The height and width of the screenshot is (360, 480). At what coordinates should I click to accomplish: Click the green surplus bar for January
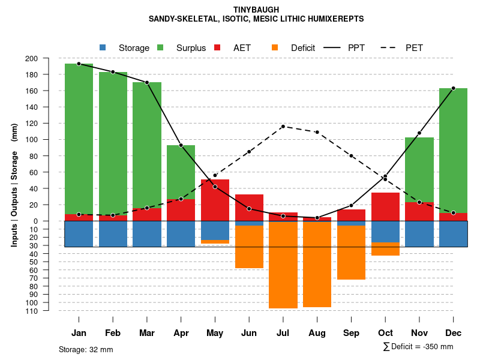pos(79,138)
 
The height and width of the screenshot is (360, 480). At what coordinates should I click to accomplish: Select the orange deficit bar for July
pos(283,264)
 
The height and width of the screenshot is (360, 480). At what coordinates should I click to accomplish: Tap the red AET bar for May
pos(215,200)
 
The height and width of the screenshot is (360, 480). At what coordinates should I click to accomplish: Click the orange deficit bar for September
pos(351,252)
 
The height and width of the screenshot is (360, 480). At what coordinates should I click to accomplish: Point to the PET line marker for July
pos(283,127)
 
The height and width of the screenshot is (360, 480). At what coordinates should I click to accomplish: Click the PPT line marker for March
pos(147,82)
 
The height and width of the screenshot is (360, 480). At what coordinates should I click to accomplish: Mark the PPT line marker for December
pos(453,88)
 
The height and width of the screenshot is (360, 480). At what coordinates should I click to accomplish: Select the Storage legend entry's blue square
pos(103,47)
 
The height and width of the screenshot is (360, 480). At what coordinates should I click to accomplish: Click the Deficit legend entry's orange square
pos(275,47)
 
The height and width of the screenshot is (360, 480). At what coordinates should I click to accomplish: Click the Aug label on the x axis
pos(317,333)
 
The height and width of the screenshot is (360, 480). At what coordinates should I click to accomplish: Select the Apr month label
pos(181,333)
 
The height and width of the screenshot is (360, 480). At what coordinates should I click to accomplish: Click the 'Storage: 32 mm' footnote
pos(86,349)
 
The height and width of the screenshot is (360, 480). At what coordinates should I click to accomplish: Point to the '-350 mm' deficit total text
pos(438,347)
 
